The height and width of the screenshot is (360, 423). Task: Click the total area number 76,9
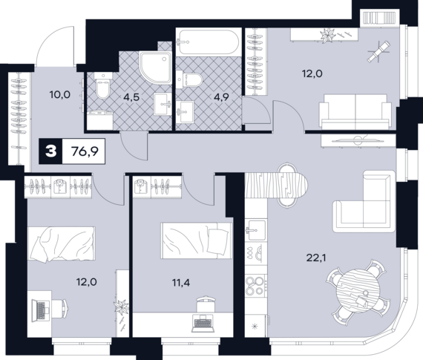pyautogui.click(x=85, y=151)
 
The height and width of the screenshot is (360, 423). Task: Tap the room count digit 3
pyautogui.click(x=50, y=151)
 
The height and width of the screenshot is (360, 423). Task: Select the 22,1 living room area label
pyautogui.click(x=316, y=258)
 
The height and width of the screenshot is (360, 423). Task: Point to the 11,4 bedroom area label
pyautogui.click(x=181, y=283)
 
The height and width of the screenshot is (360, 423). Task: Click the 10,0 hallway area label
pyautogui.click(x=60, y=95)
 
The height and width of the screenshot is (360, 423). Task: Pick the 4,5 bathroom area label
pyautogui.click(x=131, y=97)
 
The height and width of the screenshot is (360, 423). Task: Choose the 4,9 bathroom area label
pyautogui.click(x=221, y=97)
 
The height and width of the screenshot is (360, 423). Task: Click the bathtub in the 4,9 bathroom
pyautogui.click(x=208, y=42)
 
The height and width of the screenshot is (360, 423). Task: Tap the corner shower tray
pyautogui.click(x=156, y=68)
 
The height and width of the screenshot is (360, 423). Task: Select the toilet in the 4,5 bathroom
pyautogui.click(x=103, y=85)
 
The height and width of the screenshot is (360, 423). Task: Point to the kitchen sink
pyautogui.click(x=256, y=229)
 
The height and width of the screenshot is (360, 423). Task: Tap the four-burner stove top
pyautogui.click(x=255, y=286)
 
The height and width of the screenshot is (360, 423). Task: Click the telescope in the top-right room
pyautogui.click(x=378, y=51)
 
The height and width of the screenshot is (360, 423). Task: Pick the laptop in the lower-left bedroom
pyautogui.click(x=41, y=310)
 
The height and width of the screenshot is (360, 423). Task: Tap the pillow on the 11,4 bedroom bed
pyautogui.click(x=217, y=241)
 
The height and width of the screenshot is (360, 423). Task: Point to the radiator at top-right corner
pyautogui.click(x=380, y=18)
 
